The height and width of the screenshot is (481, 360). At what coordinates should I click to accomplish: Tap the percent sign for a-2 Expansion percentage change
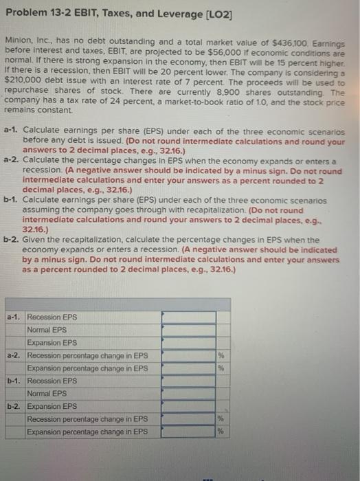pyautogui.click(x=221, y=368)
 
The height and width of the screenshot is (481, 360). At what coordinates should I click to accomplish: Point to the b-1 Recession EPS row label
pyautogui.click(x=52, y=381)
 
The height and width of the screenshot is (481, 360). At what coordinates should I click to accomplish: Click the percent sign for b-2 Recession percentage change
pyautogui.click(x=221, y=419)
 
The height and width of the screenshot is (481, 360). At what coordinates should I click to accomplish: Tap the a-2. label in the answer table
pyautogui.click(x=14, y=355)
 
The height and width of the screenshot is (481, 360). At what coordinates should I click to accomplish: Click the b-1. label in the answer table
pyautogui.click(x=14, y=381)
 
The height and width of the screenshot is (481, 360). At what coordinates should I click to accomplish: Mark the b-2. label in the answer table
pyautogui.click(x=14, y=406)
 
